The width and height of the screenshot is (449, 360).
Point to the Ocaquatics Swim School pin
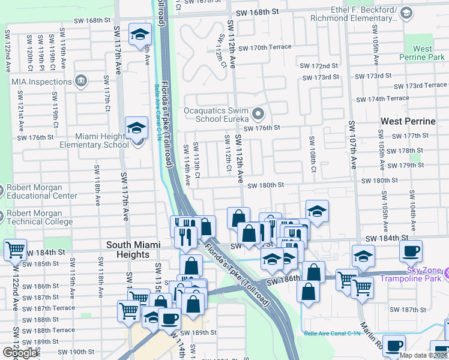tap(258, 112)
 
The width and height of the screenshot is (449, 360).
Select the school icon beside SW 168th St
tap(140, 34)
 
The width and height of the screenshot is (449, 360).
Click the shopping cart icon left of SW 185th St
tap(15, 248)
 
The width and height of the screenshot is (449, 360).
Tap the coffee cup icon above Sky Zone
tap(411, 250)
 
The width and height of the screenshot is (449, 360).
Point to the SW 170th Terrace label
tap(264, 47)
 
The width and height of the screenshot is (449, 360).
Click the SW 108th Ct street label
tap(313, 154)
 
